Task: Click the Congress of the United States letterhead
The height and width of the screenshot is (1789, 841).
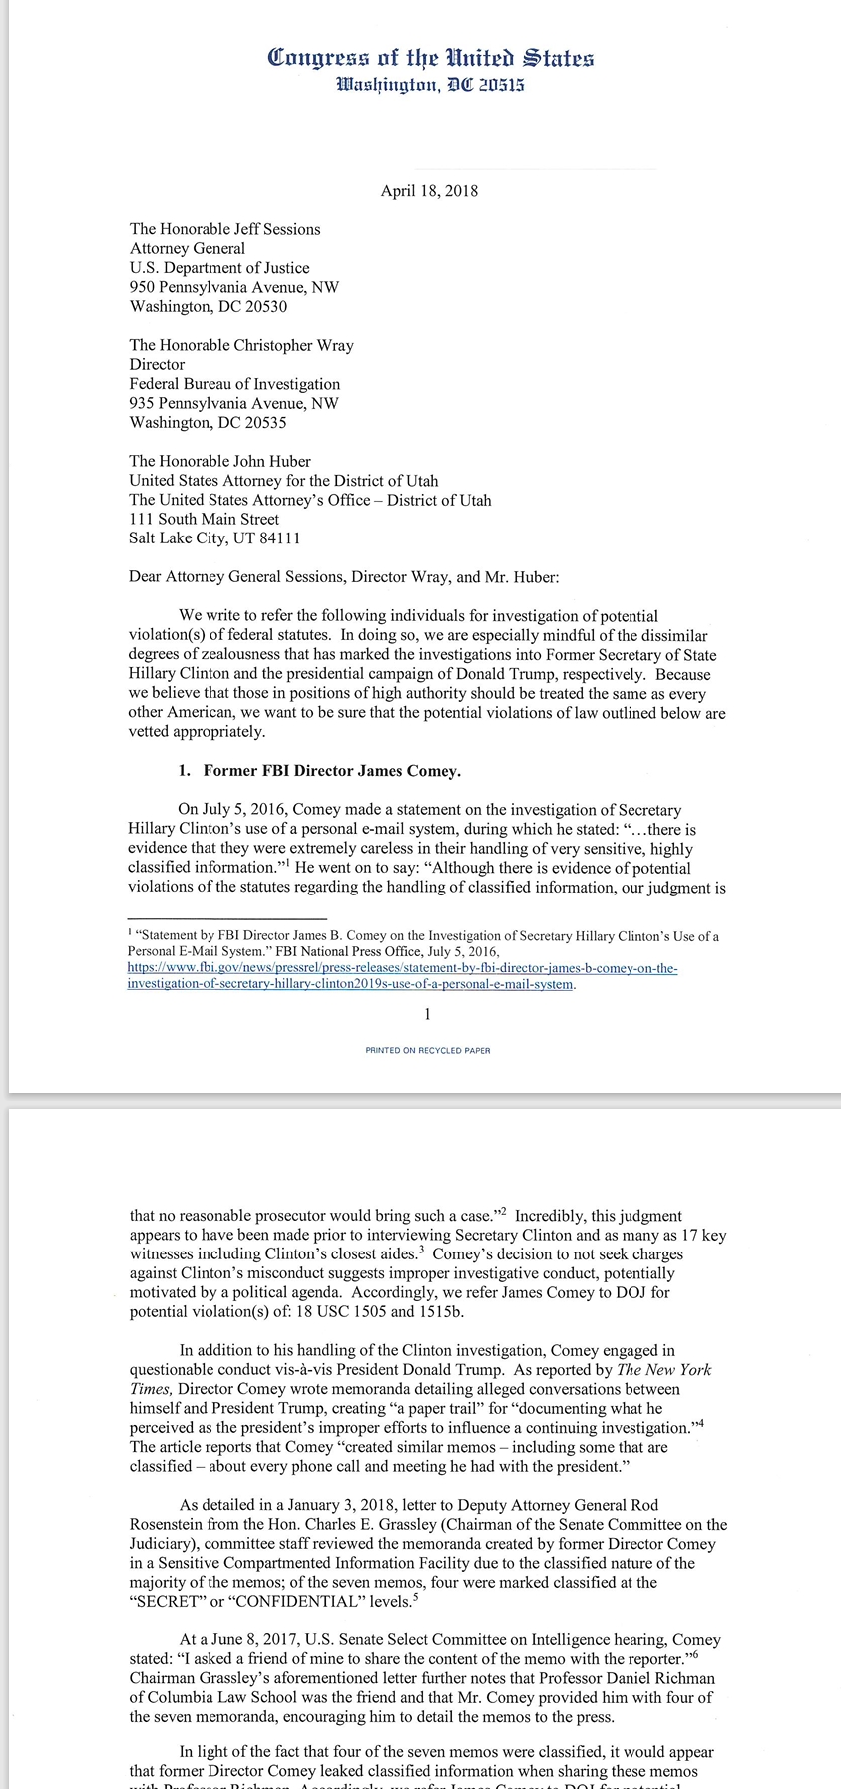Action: (430, 58)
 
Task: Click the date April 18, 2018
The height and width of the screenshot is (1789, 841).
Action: (429, 191)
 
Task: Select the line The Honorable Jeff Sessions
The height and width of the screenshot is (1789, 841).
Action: (224, 229)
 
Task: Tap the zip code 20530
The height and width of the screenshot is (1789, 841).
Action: (266, 306)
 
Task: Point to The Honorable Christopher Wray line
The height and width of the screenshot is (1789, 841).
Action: (241, 345)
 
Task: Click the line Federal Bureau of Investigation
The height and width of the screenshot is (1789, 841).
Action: (234, 384)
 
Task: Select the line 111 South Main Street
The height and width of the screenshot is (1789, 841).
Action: (204, 519)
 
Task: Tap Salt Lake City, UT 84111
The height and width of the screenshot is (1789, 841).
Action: (214, 538)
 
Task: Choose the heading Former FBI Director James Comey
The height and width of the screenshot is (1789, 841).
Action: (331, 771)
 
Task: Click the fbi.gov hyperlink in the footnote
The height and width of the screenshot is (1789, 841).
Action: (402, 976)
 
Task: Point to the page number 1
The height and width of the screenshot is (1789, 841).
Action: (427, 1015)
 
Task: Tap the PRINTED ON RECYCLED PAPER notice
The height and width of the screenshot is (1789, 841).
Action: (428, 1050)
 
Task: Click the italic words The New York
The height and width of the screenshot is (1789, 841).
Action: (663, 1370)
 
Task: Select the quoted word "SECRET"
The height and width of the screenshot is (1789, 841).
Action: (166, 1602)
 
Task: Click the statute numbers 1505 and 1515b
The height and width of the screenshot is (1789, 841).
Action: (392, 1312)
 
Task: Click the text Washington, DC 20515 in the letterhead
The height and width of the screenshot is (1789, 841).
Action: (430, 85)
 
